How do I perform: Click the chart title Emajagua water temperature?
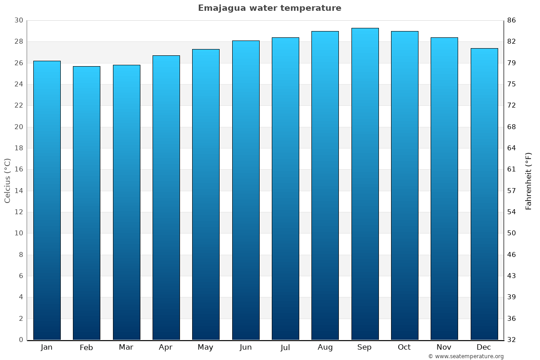tap(270, 8)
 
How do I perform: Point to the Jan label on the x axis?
tap(46, 347)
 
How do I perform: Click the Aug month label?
tap(325, 347)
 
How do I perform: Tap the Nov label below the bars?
tap(444, 347)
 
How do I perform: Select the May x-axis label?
tap(206, 347)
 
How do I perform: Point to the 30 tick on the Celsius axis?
tap(18, 20)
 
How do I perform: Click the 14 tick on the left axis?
tap(18, 191)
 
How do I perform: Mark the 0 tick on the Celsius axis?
tap(21, 340)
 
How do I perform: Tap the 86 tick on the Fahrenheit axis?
tap(512, 20)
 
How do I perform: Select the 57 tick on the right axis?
tap(512, 191)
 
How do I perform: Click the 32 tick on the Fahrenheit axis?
tap(512, 340)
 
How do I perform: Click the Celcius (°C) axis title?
tap(7, 180)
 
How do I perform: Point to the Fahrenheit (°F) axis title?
tap(529, 180)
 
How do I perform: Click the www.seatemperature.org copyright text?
tap(466, 356)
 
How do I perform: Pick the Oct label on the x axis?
tap(404, 347)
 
